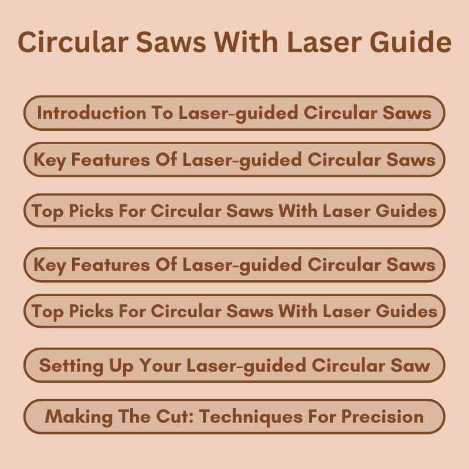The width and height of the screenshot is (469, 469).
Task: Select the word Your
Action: (x=161, y=366)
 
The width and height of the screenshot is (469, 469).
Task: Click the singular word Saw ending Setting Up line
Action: (x=412, y=366)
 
